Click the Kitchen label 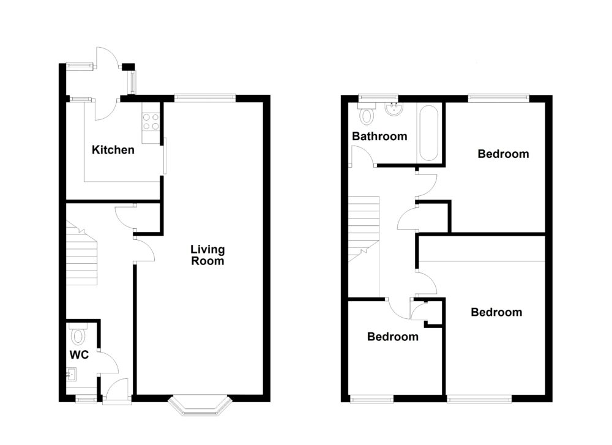pos(113,149)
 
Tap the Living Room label pos(207,255)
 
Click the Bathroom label pos(379,136)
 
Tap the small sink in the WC pos(72,373)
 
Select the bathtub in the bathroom pos(428,133)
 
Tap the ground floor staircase pos(81,258)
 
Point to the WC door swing pos(108,363)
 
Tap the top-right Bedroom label pos(503,154)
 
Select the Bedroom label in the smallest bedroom pos(393,337)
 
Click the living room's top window pos(204,97)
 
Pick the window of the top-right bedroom pos(498,97)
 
